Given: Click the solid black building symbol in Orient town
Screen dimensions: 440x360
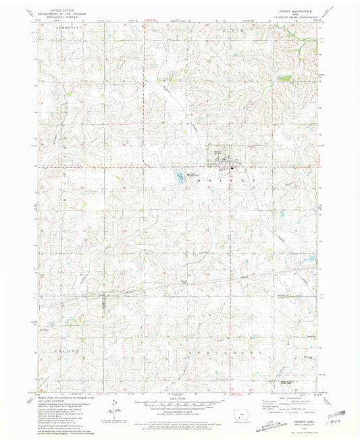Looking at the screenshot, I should [232, 166].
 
